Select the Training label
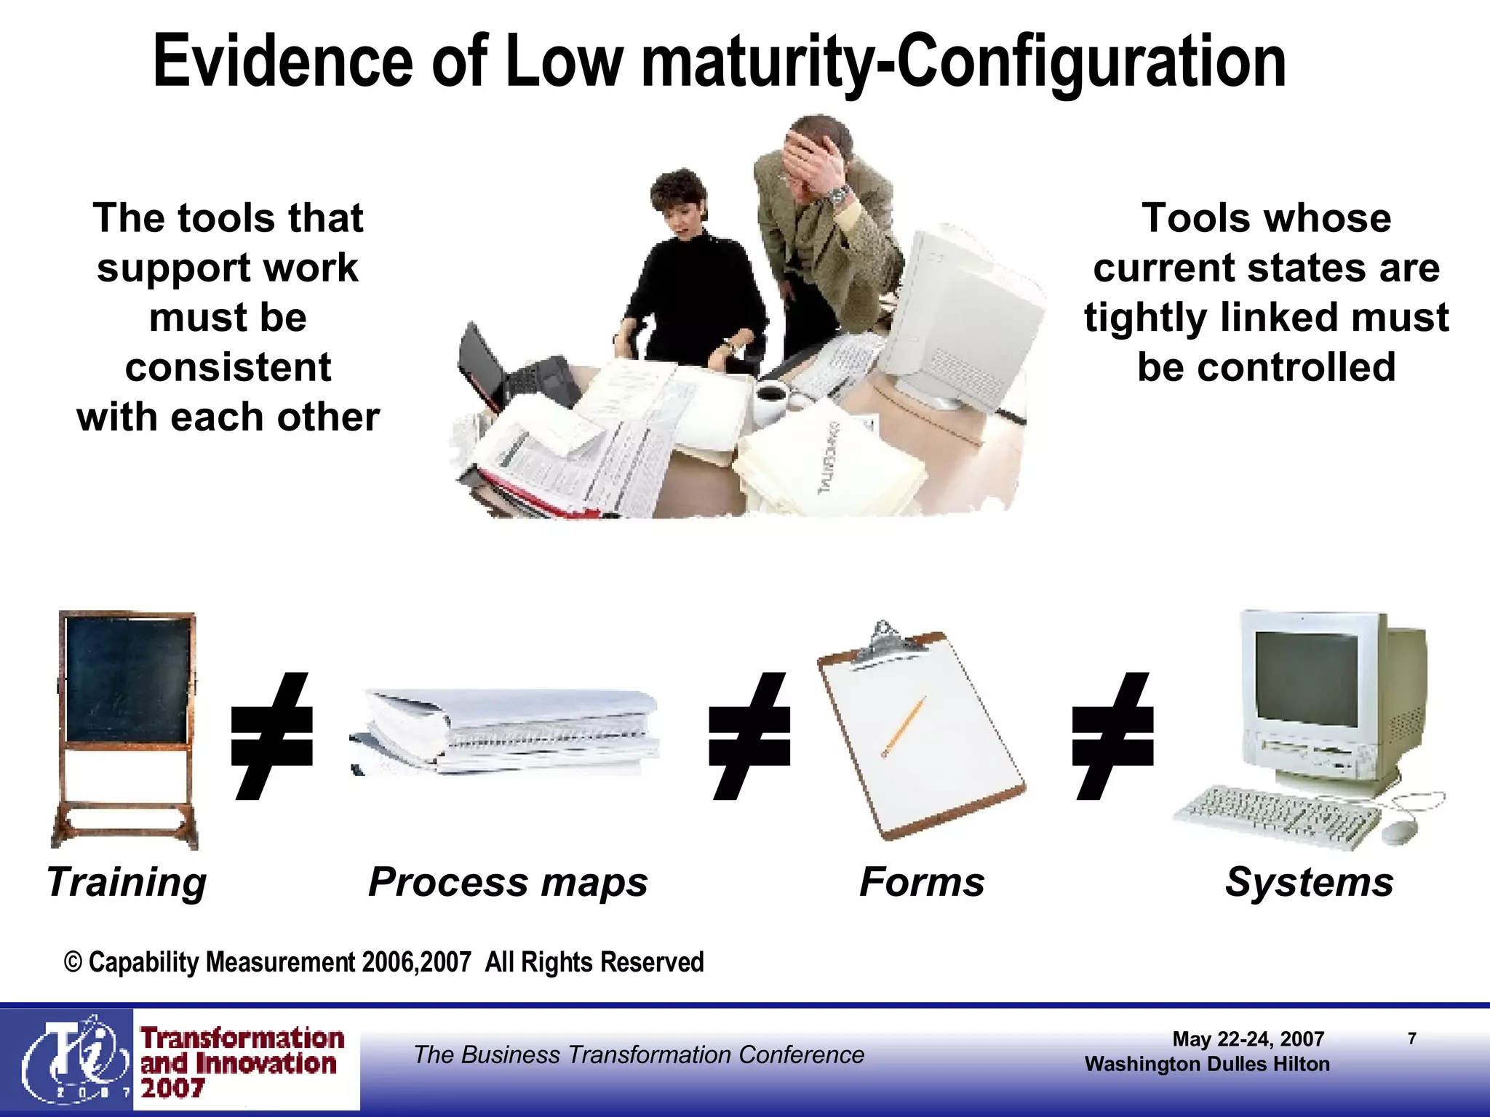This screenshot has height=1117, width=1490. click(127, 882)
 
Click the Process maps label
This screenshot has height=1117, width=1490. click(508, 882)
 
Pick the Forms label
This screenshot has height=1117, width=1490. click(922, 882)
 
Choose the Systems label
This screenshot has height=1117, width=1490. click(1310, 882)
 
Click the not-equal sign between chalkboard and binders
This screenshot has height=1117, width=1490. click(271, 736)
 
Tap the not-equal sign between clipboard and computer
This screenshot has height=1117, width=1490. click(1113, 736)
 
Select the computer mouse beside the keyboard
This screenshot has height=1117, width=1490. click(1399, 831)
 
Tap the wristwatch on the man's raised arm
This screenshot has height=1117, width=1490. click(840, 194)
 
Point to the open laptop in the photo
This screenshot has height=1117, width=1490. click(509, 371)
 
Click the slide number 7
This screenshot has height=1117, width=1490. click(1411, 1038)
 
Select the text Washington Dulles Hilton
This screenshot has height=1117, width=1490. click(1206, 1064)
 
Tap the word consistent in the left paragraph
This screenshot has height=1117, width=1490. click(228, 367)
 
